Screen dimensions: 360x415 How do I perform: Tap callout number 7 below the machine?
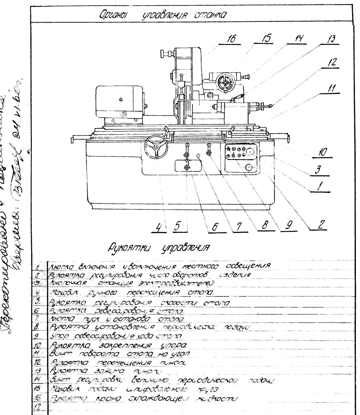pos(239,227)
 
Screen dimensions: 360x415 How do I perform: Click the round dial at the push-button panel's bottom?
pos(249,167)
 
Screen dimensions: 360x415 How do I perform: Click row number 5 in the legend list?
pos(37,301)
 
